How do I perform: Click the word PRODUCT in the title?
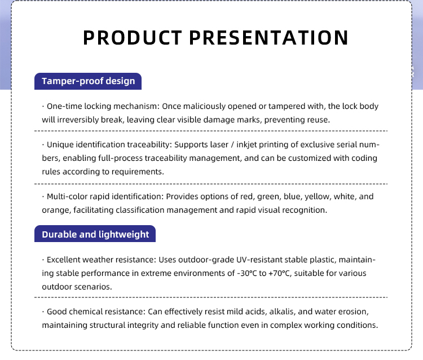(x=132, y=37)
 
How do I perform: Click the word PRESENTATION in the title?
(x=268, y=37)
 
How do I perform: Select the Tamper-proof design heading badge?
(x=88, y=81)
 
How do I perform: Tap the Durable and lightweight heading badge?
(x=95, y=234)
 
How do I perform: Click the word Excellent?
(x=64, y=260)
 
